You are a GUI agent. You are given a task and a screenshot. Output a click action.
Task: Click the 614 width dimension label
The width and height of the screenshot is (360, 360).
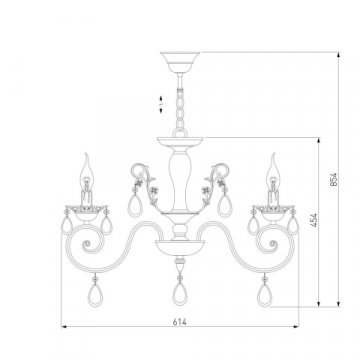click(x=180, y=322)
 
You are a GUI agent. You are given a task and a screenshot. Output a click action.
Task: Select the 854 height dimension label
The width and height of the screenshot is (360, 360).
click(x=334, y=179)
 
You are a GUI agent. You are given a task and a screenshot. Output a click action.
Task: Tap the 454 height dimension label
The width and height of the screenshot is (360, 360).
click(x=314, y=220)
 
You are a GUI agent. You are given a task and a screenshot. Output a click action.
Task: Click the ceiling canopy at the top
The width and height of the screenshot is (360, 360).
click(x=180, y=62)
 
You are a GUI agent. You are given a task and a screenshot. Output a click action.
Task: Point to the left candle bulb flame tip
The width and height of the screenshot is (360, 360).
click(x=86, y=154)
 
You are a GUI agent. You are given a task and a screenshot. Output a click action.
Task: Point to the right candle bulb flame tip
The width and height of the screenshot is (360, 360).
click(x=274, y=154)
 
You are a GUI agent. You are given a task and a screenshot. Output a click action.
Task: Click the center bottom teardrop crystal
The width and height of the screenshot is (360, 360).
click(x=180, y=293)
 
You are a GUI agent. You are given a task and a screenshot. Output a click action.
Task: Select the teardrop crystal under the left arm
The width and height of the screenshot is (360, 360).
click(x=95, y=295)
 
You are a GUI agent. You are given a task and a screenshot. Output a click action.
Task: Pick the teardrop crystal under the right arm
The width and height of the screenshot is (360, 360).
click(x=265, y=295)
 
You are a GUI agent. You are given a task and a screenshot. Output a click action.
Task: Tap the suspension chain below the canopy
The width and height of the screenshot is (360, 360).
click(x=180, y=108)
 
